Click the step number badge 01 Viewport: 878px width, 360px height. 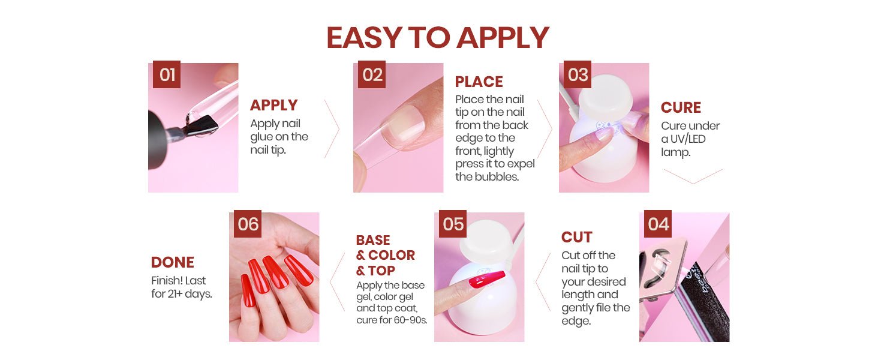pyautogui.click(x=167, y=74)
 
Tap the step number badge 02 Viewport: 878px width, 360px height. pyautogui.click(x=372, y=74)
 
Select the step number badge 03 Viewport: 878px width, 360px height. pyautogui.click(x=578, y=74)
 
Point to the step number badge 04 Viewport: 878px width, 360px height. pyautogui.click(x=658, y=224)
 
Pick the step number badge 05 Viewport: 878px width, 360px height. pyautogui.click(x=453, y=224)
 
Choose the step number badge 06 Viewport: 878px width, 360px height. pyautogui.click(x=248, y=224)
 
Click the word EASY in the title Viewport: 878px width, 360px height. pyautogui.click(x=364, y=38)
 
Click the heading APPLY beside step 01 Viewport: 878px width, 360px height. pyautogui.click(x=274, y=105)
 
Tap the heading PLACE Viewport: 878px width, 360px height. pyautogui.click(x=479, y=82)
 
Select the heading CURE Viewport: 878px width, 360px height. pyautogui.click(x=681, y=107)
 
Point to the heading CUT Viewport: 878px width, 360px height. pyautogui.click(x=576, y=237)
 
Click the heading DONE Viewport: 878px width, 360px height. pyautogui.click(x=173, y=262)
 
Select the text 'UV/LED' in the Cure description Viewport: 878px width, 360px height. pyautogui.click(x=688, y=139)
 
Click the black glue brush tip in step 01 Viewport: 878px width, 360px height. pyautogui.click(x=204, y=126)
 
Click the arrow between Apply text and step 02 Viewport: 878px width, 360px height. pyautogui.click(x=332, y=129)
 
